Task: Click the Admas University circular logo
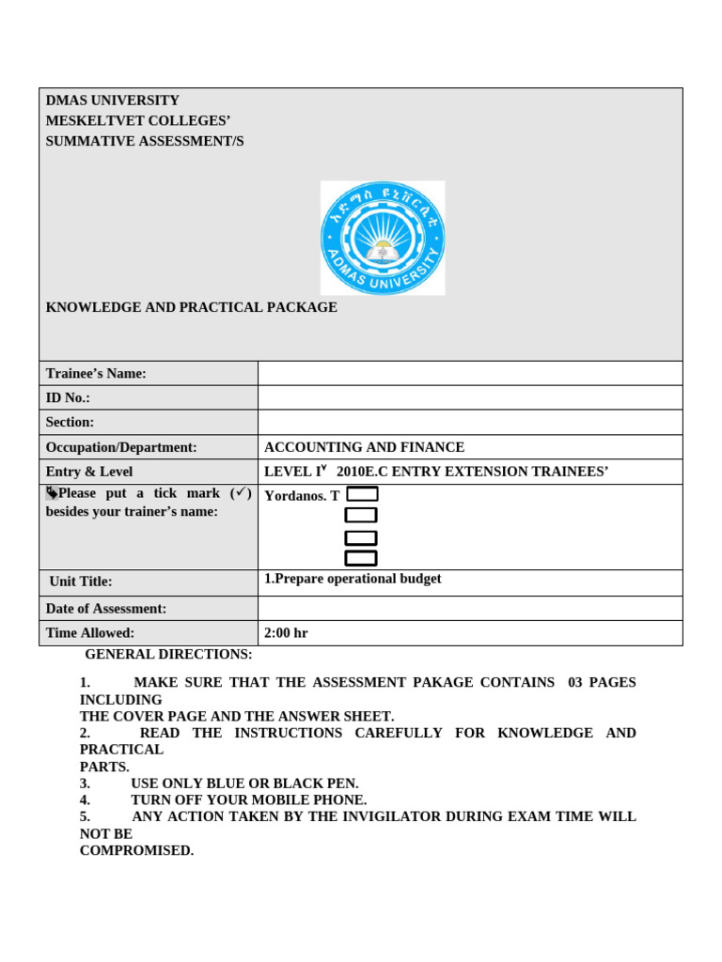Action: (x=383, y=238)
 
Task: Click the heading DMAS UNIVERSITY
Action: (x=113, y=101)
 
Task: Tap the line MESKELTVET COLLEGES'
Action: (x=138, y=120)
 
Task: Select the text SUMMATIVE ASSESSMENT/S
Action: (x=145, y=141)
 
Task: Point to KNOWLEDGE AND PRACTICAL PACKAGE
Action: (x=191, y=307)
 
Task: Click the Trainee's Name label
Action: (x=96, y=374)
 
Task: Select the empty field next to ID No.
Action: (x=470, y=398)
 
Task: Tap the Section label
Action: (x=70, y=423)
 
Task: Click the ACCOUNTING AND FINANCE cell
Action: (x=364, y=447)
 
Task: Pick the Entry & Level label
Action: (x=89, y=472)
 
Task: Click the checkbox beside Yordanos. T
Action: (x=362, y=494)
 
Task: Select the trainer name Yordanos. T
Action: (x=302, y=495)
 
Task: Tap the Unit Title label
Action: (x=81, y=582)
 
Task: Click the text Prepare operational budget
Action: (x=357, y=579)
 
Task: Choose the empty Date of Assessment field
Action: (x=470, y=609)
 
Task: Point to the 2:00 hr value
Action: (x=286, y=633)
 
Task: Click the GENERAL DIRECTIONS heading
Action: (x=168, y=654)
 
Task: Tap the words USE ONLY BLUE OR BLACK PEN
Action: (x=244, y=784)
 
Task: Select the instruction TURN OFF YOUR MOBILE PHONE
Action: (x=248, y=800)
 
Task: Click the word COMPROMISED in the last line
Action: (x=136, y=851)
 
